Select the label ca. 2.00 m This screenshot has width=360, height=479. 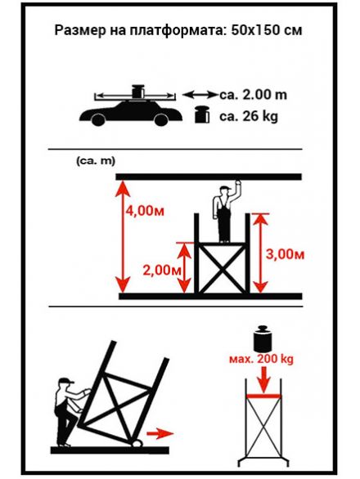254,95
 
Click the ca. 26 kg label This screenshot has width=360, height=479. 249,116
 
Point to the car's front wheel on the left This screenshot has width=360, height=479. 98,119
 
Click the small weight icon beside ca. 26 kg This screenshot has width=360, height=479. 202,114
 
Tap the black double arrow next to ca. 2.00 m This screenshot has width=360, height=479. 200,95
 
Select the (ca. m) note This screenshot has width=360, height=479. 96,161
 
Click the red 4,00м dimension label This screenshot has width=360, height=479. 145,211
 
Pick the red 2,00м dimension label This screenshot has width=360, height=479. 162,270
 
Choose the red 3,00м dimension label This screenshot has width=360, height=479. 285,254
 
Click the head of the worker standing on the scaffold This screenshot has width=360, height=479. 226,192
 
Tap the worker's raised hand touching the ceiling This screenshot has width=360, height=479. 237,183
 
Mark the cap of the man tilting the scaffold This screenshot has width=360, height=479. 66,381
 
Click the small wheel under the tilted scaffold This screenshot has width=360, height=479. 137,443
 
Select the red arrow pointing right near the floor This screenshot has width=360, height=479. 160,433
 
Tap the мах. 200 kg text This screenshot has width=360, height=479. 261,359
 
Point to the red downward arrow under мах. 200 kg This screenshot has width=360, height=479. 263,378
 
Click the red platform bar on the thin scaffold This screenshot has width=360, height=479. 263,396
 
